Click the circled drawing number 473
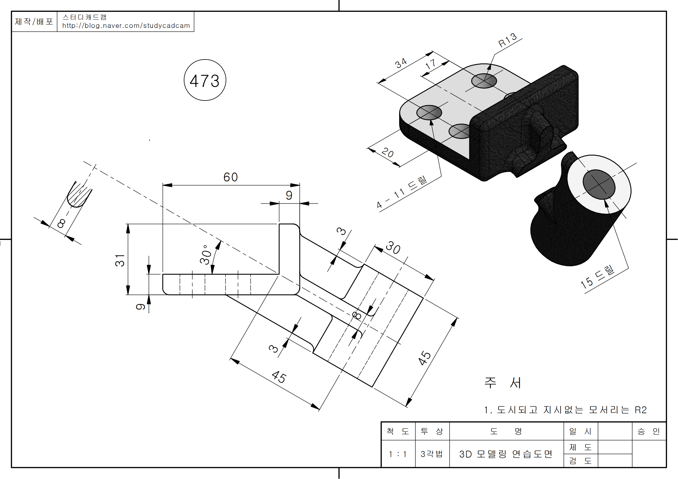click(205, 80)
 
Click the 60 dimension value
click(230, 177)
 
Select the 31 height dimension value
click(120, 260)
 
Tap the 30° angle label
click(206, 254)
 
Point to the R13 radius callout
click(507, 40)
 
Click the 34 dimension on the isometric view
click(401, 63)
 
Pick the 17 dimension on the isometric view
click(430, 64)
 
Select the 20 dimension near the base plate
click(388, 153)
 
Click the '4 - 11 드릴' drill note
click(401, 192)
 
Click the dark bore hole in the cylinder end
click(599, 185)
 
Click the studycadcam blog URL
click(126, 26)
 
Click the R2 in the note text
click(641, 410)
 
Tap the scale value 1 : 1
click(397, 454)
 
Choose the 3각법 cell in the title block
click(432, 454)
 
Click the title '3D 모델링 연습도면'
click(506, 454)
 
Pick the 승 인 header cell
click(648, 431)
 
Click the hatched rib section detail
click(78, 195)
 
